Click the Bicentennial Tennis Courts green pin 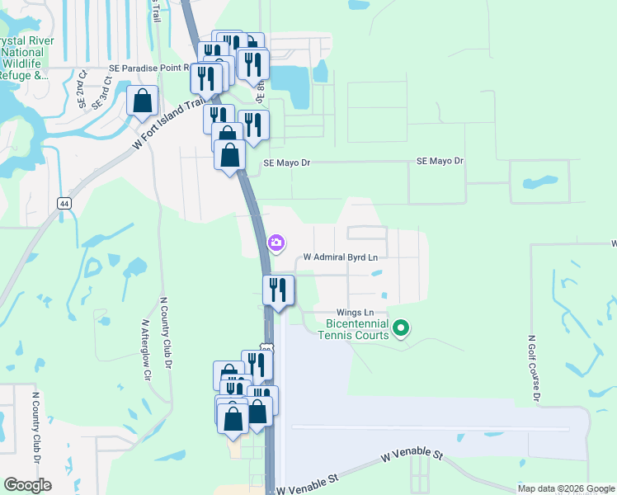tap(401, 328)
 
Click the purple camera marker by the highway tap(276, 243)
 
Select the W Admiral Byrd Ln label tap(341, 257)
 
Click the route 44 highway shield tap(64, 202)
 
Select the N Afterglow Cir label tap(147, 350)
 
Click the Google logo tap(27, 485)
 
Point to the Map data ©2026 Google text tap(564, 488)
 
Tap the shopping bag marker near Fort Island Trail tap(143, 101)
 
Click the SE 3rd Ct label tap(102, 91)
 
